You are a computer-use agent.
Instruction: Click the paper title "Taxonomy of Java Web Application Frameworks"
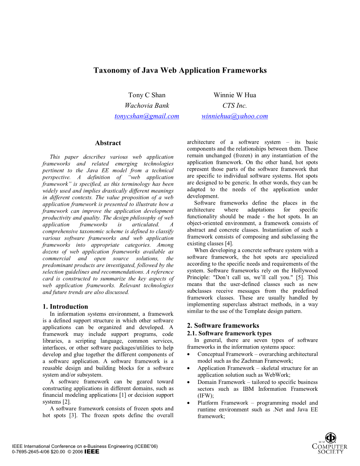tap(180, 70)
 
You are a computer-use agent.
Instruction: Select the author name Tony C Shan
tap(147, 95)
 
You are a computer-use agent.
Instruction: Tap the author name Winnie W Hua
tap(234, 95)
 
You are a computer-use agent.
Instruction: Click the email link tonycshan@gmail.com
tap(147, 116)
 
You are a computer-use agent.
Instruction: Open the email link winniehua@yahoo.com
tap(234, 116)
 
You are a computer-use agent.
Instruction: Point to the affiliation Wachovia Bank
tap(147, 106)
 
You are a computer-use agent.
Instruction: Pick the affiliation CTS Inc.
tap(234, 106)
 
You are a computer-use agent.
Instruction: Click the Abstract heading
tap(108, 143)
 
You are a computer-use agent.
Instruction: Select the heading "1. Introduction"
tap(65, 306)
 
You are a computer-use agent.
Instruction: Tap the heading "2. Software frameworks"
tap(223, 325)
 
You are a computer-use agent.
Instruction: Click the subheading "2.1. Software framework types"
tap(229, 333)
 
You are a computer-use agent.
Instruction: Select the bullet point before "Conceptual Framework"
tap(189, 354)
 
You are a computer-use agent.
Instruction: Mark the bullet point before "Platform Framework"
tap(189, 403)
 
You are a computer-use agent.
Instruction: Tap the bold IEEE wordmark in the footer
tap(92, 452)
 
